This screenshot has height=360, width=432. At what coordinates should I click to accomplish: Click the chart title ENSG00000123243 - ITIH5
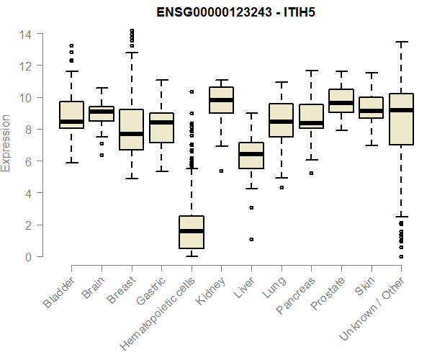[x=236, y=12]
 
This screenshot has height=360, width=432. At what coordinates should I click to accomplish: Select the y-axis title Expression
[x=6, y=143]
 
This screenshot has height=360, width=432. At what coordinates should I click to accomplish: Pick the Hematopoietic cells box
[x=191, y=232]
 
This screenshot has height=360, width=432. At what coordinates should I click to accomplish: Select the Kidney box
[x=221, y=100]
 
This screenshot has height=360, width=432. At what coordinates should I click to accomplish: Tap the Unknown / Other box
[x=401, y=120]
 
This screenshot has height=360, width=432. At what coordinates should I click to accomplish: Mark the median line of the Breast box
[x=131, y=134]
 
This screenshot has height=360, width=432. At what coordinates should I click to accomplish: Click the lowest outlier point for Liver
[x=251, y=239]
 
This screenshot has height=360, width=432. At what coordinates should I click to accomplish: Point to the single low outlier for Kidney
[x=221, y=171]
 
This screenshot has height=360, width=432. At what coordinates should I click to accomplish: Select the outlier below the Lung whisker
[x=282, y=187]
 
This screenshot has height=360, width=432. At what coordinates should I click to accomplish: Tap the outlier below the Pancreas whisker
[x=311, y=173]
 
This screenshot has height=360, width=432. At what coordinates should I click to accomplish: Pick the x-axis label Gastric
[x=150, y=292]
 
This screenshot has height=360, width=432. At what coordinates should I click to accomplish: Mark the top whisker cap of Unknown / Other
[x=401, y=42]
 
